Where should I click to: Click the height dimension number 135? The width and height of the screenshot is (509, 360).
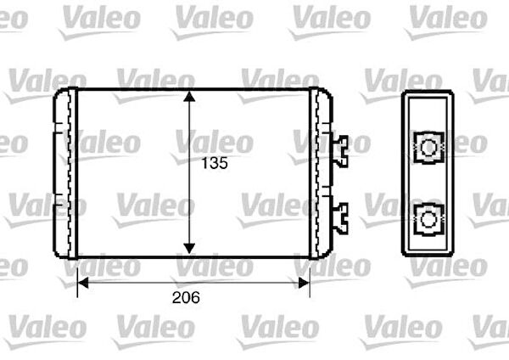click(x=214, y=165)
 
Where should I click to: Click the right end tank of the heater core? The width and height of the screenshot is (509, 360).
click(x=321, y=173)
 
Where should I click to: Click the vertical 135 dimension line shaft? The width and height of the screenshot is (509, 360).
click(x=190, y=204)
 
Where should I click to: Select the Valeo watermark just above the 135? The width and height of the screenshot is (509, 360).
click(x=214, y=140)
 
